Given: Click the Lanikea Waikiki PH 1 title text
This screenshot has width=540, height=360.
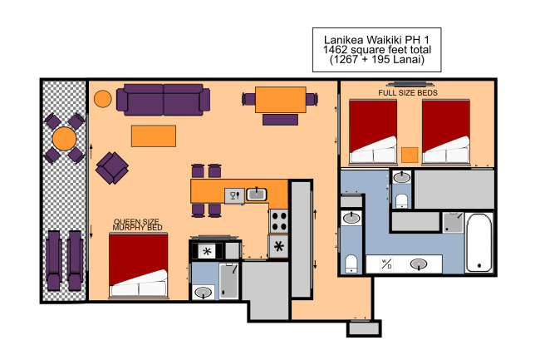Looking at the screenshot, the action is pos(377,39).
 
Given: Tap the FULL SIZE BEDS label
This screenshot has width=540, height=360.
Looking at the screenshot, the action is pos(408,92).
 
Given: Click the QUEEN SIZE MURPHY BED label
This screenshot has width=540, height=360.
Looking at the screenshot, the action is pos(137,224).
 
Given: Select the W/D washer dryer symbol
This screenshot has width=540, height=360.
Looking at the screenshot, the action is pos(386,264).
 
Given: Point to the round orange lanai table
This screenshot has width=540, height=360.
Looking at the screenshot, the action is pos(65,139).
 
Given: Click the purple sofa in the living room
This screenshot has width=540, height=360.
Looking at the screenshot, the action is pos(163,100).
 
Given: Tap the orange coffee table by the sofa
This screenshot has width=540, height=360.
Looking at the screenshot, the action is pos(154,136).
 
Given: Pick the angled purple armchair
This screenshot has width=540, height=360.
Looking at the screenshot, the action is pos(112,168).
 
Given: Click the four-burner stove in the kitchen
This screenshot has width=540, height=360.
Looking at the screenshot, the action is pos(279,221).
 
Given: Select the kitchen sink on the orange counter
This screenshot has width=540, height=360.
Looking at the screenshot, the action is pos(256,195).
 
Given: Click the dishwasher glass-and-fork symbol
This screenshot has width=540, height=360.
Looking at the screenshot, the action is pos(234,195).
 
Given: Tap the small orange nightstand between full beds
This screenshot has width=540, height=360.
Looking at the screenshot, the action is pos(410,155).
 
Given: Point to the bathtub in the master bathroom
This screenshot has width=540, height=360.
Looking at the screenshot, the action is pos(479,243).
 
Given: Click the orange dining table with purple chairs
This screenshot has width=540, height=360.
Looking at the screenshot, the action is pos(281,100).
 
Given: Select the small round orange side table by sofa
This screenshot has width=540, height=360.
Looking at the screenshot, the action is pos(103,99).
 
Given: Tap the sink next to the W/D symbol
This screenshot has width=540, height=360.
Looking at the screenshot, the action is pos(419,264).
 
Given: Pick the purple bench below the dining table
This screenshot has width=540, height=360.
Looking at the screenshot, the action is pos(280,120).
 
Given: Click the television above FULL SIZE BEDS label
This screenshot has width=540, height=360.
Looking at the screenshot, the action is pos(410,84).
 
